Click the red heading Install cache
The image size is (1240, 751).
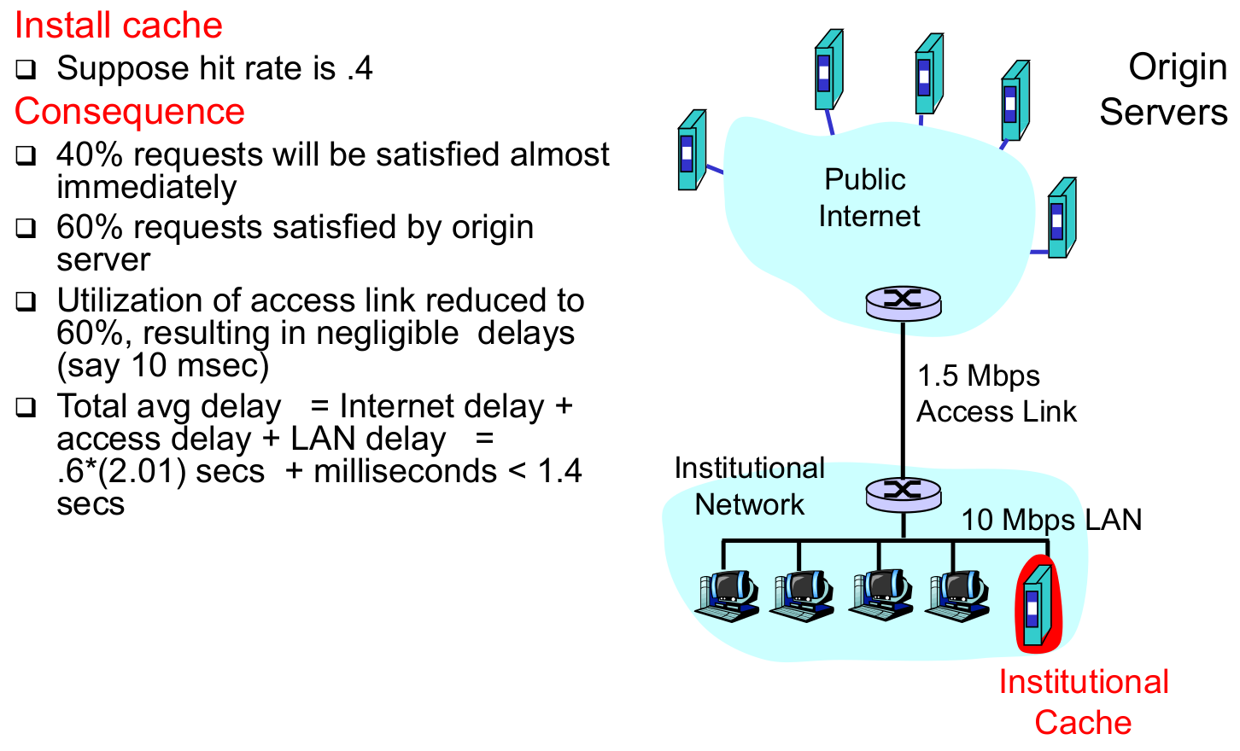118,26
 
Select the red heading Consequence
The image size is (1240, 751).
129,112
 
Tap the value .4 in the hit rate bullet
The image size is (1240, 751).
360,69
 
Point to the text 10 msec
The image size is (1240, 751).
200,366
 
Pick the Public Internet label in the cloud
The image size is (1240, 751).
868,198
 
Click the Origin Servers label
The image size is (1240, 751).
1164,90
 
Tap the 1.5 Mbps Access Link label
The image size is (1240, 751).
995,393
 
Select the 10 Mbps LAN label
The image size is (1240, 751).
1050,520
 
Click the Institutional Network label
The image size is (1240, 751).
749,486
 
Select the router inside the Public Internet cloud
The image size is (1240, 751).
903,302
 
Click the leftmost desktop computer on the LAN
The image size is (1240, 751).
728,596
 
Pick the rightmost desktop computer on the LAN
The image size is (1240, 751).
958,596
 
